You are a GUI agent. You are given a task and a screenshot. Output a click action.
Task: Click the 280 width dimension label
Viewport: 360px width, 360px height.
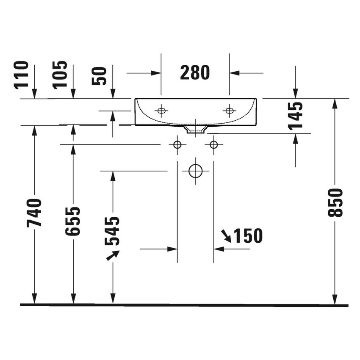(195, 73)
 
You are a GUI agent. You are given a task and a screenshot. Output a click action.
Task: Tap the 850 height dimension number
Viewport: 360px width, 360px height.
(335, 202)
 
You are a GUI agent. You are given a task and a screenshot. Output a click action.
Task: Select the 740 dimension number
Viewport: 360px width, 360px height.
(34, 212)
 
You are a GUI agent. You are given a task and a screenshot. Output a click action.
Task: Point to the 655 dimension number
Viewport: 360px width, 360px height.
(73, 221)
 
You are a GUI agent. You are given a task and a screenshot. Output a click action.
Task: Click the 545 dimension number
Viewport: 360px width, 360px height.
(112, 231)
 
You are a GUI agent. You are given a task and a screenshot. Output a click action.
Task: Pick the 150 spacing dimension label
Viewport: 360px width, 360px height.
(248, 236)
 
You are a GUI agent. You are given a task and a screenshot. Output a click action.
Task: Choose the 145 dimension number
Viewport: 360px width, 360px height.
(296, 115)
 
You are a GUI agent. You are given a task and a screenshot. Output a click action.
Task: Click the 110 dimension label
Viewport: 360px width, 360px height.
(21, 75)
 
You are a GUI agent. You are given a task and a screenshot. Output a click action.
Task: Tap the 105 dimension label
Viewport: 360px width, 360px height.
(60, 75)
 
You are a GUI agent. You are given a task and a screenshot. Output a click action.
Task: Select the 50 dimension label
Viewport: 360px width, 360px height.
(100, 75)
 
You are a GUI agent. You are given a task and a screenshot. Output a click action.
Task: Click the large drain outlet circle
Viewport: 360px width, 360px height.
(195, 171)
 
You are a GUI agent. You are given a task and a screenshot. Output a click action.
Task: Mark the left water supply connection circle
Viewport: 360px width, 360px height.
(177, 145)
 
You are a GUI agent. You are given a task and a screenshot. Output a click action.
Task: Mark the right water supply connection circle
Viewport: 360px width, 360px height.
(213, 145)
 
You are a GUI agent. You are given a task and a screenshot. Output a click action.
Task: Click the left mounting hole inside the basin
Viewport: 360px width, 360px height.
(161, 111)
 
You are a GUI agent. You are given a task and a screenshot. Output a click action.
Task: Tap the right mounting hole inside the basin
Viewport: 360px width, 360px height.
(229, 111)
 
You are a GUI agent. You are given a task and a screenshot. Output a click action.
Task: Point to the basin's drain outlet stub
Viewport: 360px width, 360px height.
(195, 129)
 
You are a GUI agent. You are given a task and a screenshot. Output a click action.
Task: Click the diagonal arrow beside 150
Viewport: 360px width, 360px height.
(226, 236)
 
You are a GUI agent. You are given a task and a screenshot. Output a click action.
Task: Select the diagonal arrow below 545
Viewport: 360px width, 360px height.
(112, 255)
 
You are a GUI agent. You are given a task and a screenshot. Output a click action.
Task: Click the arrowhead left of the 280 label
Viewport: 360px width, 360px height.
(156, 73)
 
